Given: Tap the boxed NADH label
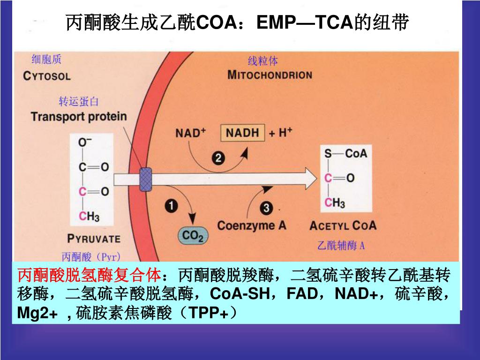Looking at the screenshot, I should coord(242,133).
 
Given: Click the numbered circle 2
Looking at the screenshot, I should coord(218,158).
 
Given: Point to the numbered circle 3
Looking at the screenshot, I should coord(266,207).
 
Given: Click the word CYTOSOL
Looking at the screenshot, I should coord(46,75).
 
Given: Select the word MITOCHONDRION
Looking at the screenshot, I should coord(270,75).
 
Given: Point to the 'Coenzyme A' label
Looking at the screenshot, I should coord(251,225).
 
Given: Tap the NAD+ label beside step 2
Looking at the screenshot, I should coord(191,133).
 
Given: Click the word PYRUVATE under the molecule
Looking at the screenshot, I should coord(94,238).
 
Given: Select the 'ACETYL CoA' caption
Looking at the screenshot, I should coord(343,226).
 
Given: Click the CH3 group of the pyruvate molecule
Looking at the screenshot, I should coord(89,216).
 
